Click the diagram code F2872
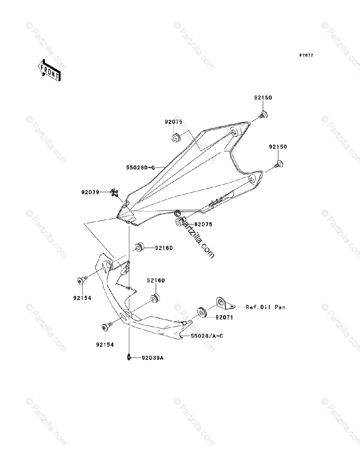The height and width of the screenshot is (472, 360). click(306, 55)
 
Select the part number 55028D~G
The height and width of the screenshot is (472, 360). click(140, 168)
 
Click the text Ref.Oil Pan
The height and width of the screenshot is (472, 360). click(266, 307)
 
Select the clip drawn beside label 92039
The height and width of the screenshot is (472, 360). click(115, 192)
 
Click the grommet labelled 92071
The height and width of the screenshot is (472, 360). click(201, 312)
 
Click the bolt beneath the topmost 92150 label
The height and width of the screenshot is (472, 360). click(263, 115)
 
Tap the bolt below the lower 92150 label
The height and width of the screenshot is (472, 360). click(279, 163)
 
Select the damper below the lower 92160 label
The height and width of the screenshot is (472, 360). click(154, 298)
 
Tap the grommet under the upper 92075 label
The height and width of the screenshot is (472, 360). click(175, 138)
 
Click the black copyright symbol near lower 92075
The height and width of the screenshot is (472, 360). click(177, 214)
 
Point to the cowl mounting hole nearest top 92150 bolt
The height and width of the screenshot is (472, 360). click(234, 132)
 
